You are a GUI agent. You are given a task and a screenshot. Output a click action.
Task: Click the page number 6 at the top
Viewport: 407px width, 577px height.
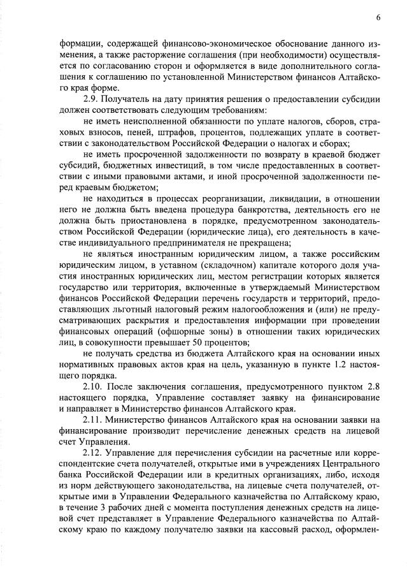[378, 17]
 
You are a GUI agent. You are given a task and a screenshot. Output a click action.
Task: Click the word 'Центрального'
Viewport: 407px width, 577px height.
[352, 464]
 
